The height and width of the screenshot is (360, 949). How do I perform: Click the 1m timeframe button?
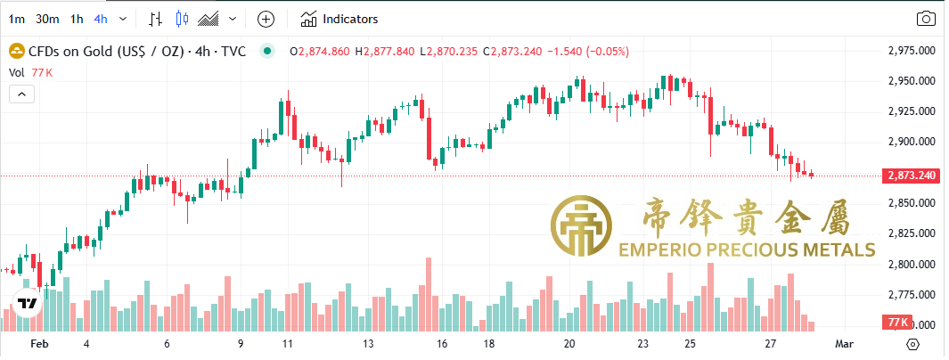(16, 19)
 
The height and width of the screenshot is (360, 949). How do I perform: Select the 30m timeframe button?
(48, 19)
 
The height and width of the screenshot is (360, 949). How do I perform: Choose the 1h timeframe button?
(77, 19)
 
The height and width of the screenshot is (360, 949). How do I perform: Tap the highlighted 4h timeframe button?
(101, 19)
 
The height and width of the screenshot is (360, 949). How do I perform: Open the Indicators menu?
(340, 19)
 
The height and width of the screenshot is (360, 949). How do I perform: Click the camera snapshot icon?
(927, 19)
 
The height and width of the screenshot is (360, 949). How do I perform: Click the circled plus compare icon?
(266, 19)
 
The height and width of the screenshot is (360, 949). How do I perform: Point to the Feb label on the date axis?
(38, 343)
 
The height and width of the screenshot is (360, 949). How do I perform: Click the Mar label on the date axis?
(844, 343)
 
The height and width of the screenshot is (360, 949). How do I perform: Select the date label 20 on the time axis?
(569, 343)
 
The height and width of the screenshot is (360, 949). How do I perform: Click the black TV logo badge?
(29, 303)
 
